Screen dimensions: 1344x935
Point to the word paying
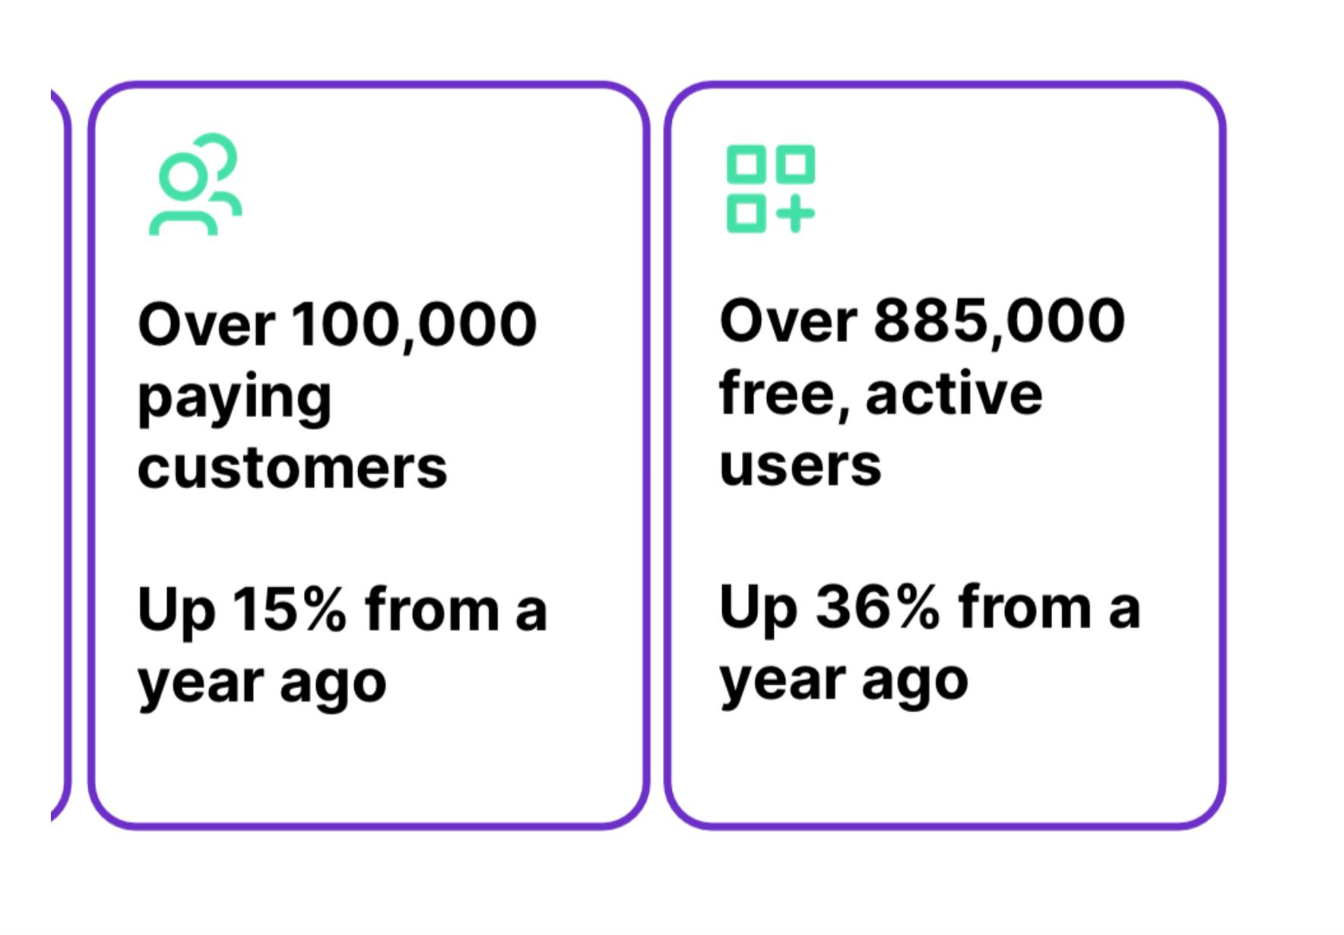coord(234,399)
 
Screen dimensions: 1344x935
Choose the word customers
coord(293,467)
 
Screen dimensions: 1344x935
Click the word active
coord(954,394)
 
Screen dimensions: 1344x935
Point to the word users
coord(800,465)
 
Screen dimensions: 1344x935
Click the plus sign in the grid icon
coord(795,214)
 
